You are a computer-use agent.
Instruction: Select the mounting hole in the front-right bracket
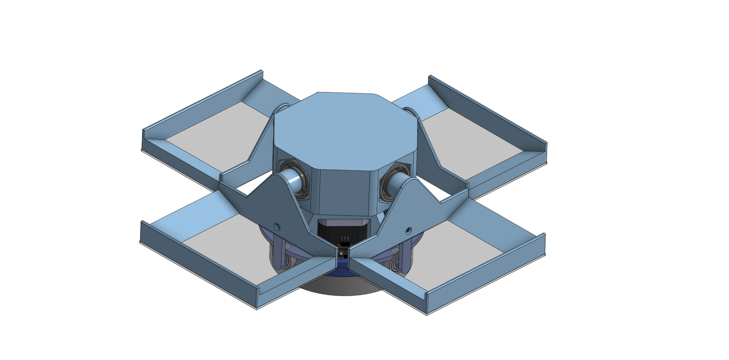click(409, 230)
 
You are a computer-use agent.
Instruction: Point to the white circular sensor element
click(341, 253)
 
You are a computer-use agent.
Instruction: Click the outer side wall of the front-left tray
click(197, 266)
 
